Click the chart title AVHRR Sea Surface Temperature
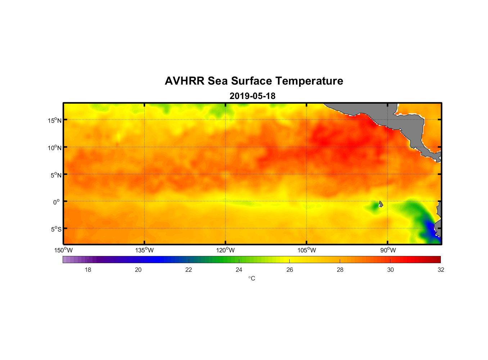(x=254, y=81)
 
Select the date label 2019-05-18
(x=252, y=96)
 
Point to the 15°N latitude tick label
(x=55, y=120)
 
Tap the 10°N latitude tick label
(x=55, y=148)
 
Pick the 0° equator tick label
(x=57, y=202)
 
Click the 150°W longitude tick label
(x=63, y=250)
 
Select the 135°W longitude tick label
(x=144, y=250)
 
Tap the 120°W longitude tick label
(x=226, y=250)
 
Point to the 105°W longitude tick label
(x=307, y=250)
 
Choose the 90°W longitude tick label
(x=388, y=250)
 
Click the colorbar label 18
(x=88, y=270)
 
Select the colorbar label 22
(x=189, y=270)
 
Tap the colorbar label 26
(x=290, y=270)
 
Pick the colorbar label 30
(x=390, y=270)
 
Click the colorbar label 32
(x=441, y=270)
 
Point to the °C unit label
(x=252, y=278)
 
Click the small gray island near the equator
(x=381, y=204)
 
